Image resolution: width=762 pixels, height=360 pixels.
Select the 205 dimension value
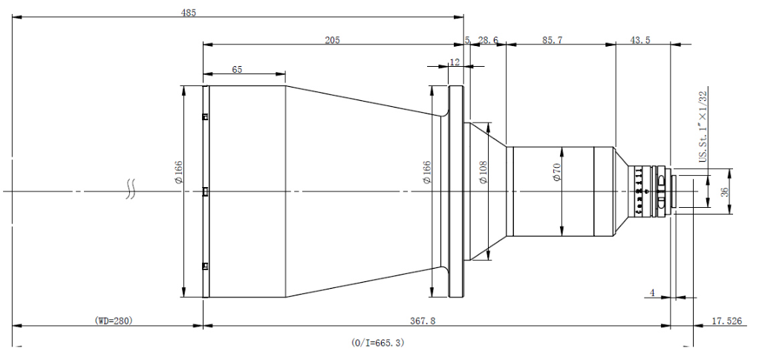(332, 40)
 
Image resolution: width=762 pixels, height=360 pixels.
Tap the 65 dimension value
(237, 69)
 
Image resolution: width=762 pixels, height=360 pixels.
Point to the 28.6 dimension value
(488, 40)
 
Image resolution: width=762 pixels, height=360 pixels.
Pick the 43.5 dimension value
(639, 40)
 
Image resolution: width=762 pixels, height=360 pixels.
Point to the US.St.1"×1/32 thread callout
(702, 125)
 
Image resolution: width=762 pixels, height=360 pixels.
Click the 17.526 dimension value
(726, 321)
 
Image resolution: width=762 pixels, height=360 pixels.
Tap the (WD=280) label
(113, 321)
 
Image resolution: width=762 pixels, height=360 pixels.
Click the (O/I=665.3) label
(378, 343)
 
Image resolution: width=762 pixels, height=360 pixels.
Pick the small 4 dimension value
(652, 293)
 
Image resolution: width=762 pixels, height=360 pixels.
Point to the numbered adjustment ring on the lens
(639, 192)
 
